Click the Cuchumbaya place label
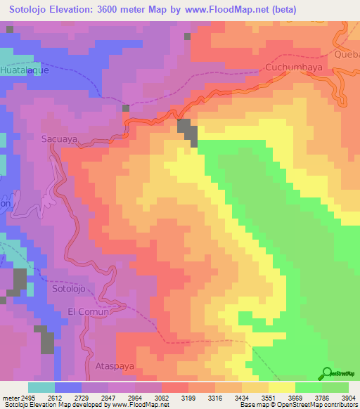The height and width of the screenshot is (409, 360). pos(292,67)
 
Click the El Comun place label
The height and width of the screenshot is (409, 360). pos(90,311)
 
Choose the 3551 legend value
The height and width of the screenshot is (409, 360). pos(263,397)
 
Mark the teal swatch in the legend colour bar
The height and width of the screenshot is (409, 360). pos(41,387)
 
